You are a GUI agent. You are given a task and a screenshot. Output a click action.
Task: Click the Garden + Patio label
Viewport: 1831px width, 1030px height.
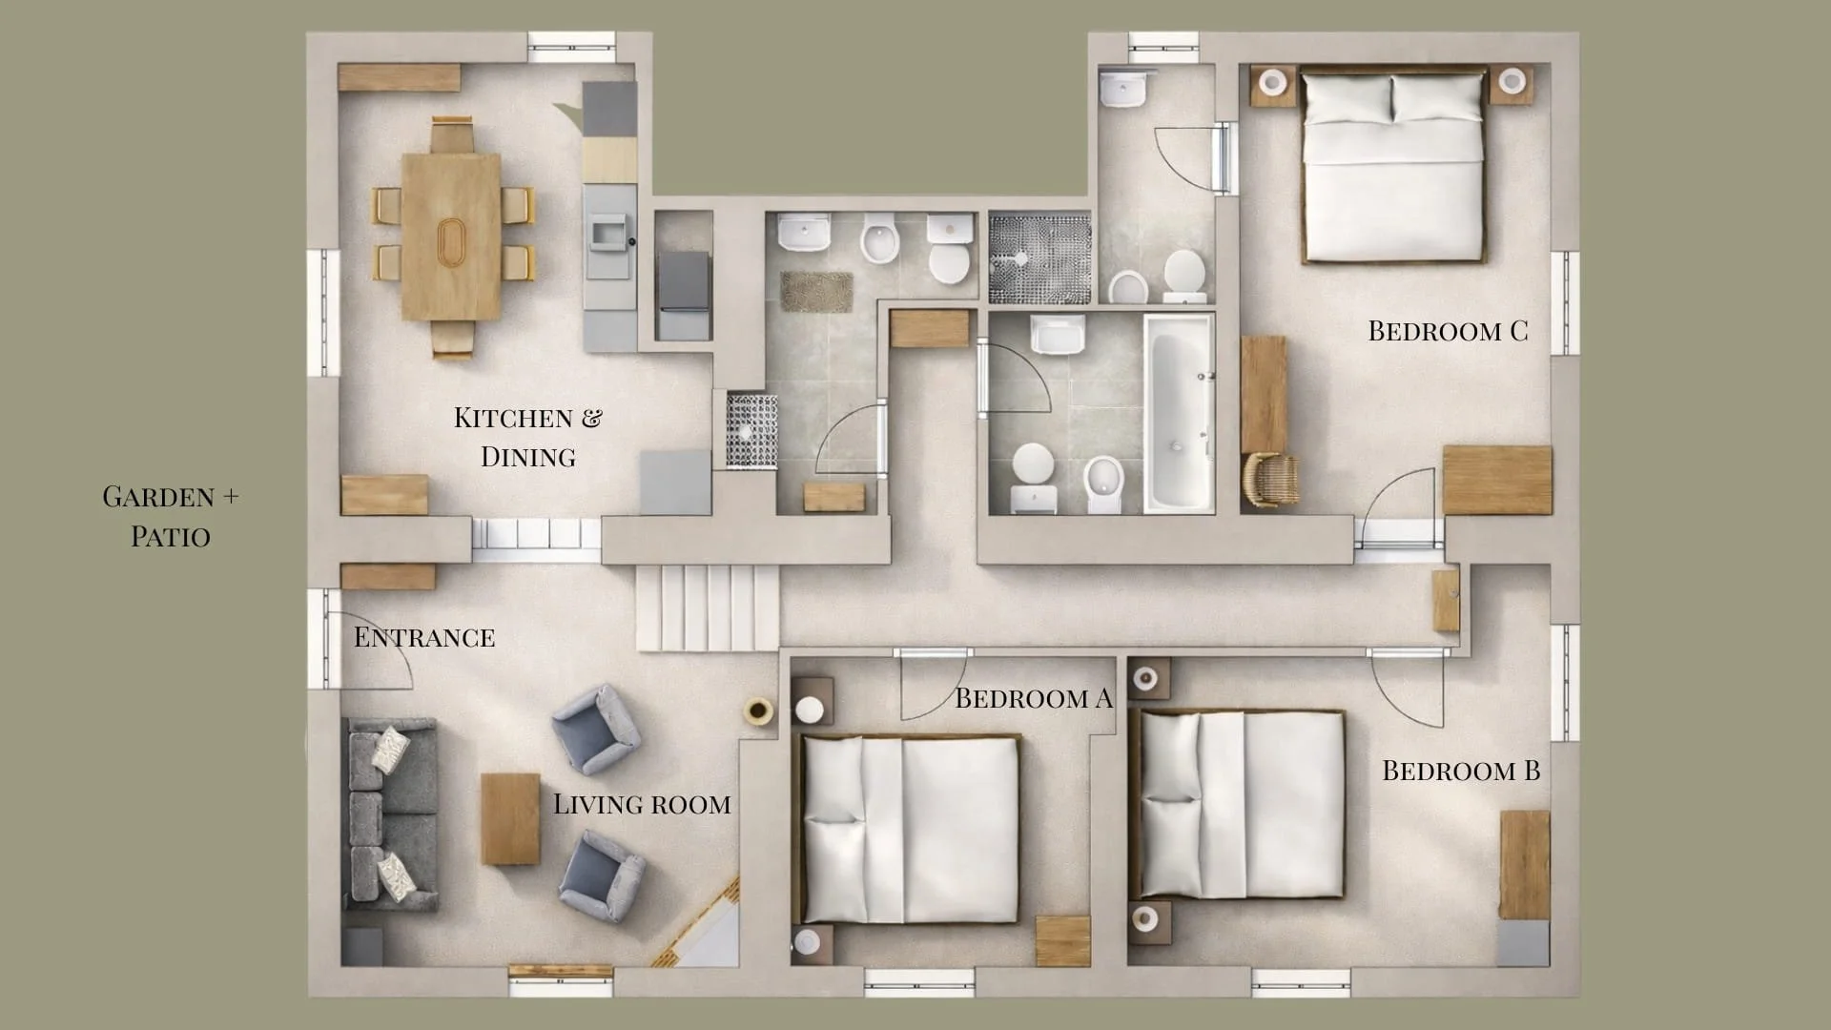click(x=171, y=516)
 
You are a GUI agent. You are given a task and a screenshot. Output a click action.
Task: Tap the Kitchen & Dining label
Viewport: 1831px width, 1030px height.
click(x=527, y=437)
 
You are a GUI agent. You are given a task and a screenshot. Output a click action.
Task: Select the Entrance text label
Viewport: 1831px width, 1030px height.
click(x=424, y=637)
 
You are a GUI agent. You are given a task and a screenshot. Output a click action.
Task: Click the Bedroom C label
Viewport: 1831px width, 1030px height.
click(x=1448, y=331)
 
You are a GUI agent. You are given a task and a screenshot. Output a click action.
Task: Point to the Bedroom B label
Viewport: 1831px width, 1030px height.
click(x=1461, y=771)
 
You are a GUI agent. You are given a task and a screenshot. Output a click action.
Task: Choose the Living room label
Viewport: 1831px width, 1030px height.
click(x=642, y=804)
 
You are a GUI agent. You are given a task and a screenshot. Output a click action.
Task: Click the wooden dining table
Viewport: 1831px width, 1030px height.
click(x=450, y=237)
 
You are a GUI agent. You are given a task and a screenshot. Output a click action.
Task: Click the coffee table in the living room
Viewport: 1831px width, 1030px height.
click(x=510, y=818)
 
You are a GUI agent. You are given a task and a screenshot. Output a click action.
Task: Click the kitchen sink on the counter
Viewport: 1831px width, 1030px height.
click(x=608, y=232)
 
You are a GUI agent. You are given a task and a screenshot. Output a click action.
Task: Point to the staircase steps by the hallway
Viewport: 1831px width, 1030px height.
click(x=708, y=608)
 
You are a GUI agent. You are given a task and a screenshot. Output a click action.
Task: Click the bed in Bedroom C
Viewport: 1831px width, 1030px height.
click(x=1393, y=167)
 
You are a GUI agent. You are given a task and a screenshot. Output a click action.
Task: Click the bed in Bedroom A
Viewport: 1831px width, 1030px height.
click(x=911, y=828)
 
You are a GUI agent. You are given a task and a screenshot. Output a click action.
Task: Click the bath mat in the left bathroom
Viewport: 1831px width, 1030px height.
click(x=816, y=291)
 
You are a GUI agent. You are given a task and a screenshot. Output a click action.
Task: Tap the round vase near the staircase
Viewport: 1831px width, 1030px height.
click(x=759, y=711)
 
